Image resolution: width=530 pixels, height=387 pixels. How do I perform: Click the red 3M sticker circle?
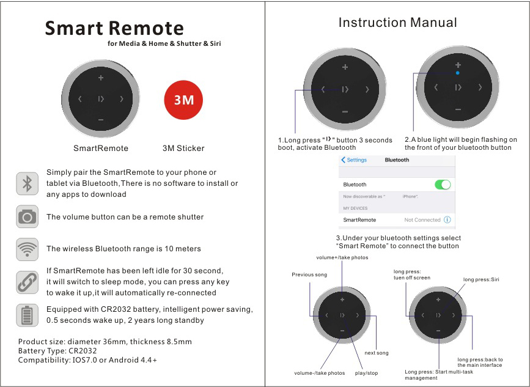coord(183,100)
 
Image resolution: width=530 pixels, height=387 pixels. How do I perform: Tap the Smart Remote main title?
coord(114,28)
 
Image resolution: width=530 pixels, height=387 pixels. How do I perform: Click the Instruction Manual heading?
coord(397,23)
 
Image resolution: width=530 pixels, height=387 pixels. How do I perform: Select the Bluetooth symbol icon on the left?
coord(27,183)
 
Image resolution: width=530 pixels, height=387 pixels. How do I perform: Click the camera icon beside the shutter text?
coord(27,216)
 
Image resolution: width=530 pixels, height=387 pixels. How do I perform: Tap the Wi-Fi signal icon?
coord(27,249)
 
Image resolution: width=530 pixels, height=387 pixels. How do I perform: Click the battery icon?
coord(27,315)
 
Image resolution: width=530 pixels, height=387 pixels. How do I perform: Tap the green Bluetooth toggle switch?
coord(442,184)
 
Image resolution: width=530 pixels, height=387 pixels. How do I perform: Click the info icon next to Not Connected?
coord(447,219)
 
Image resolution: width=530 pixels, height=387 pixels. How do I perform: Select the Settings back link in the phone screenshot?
coord(355,160)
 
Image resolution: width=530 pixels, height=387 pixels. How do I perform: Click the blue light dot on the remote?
coord(458,73)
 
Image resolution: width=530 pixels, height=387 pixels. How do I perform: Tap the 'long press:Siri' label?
coord(481,279)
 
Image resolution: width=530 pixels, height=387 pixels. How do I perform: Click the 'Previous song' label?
coord(309,275)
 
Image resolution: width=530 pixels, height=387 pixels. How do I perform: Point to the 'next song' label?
coord(376,353)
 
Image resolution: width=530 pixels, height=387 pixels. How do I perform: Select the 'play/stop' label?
coord(366,373)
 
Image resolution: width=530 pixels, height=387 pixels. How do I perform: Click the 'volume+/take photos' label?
coord(342,257)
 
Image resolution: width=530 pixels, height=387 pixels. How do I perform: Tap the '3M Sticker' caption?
coord(183,148)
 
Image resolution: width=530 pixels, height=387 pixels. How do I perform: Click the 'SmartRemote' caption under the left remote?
coord(101,148)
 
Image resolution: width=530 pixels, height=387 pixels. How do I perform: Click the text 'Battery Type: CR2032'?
coord(58,351)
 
